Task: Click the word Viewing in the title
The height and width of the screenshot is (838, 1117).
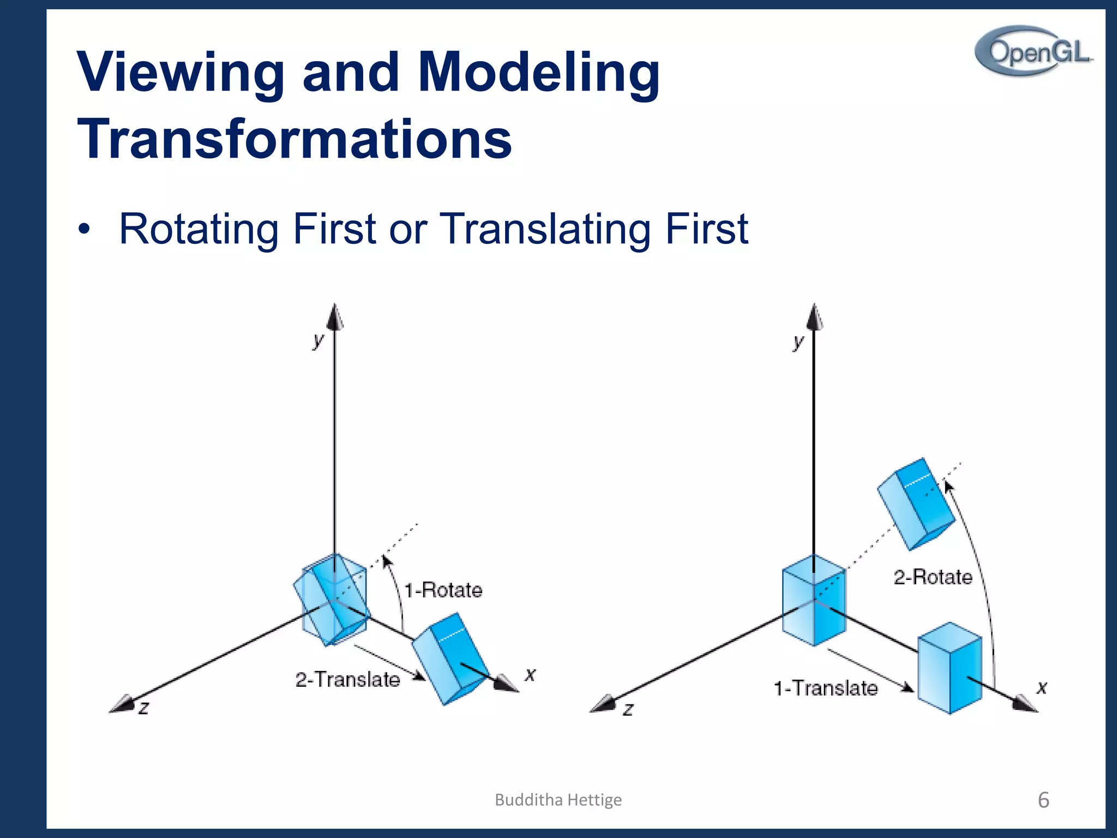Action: (x=180, y=72)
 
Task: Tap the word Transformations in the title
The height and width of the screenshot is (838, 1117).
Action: (x=295, y=139)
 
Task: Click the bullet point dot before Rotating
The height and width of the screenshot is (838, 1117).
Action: (x=83, y=230)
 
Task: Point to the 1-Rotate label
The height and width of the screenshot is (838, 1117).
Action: (x=443, y=590)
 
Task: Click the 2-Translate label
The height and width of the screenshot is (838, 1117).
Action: (x=347, y=680)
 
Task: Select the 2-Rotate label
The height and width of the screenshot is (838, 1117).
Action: (x=933, y=577)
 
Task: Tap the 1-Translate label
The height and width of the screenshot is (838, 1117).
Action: (x=826, y=689)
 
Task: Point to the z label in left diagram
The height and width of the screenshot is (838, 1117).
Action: (x=143, y=708)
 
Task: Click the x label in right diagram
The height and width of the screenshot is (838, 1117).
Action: (x=1042, y=687)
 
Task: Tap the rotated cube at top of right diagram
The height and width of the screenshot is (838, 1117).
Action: (x=916, y=504)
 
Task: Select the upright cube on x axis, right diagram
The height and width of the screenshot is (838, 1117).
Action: (x=950, y=668)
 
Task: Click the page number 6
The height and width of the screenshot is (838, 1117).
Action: (x=1043, y=800)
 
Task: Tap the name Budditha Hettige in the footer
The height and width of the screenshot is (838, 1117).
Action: (x=558, y=800)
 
